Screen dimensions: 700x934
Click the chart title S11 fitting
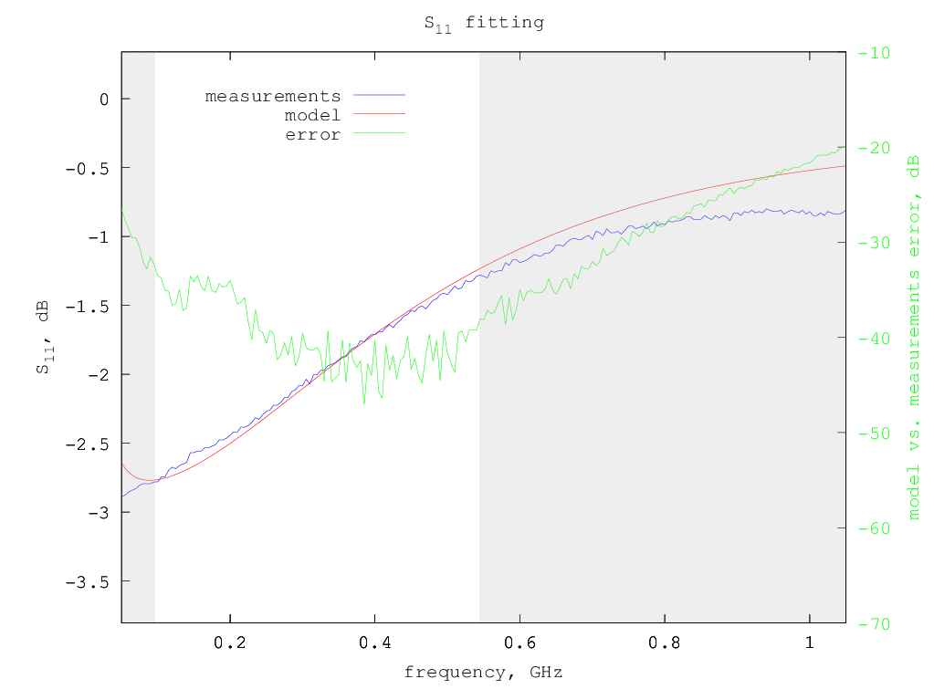(x=484, y=23)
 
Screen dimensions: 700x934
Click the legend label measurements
(x=273, y=96)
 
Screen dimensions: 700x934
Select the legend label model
(x=312, y=115)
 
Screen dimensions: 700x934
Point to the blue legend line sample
(x=379, y=95)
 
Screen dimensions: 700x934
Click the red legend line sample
(x=379, y=114)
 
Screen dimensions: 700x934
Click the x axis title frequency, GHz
(x=483, y=673)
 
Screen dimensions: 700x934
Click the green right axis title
(x=913, y=337)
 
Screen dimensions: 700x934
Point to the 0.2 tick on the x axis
(x=230, y=642)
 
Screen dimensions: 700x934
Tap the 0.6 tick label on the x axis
(x=519, y=642)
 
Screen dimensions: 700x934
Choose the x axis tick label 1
(x=810, y=642)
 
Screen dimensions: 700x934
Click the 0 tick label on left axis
(x=100, y=99)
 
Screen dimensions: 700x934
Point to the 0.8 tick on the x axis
(x=665, y=642)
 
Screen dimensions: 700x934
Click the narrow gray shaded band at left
(x=138, y=337)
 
